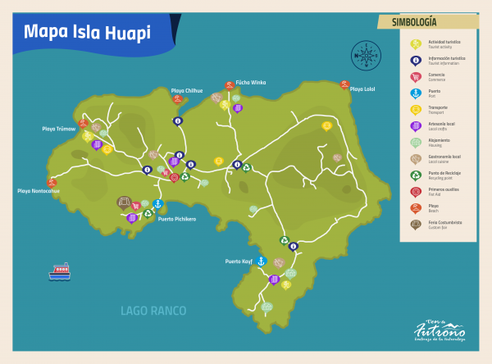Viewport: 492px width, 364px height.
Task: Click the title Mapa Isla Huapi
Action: tap(87, 33)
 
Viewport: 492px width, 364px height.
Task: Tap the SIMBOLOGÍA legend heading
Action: tap(414, 22)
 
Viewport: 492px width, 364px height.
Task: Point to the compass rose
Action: tap(366, 56)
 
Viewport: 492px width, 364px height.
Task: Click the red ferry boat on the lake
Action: tap(59, 272)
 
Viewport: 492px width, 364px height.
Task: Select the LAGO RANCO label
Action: tap(153, 311)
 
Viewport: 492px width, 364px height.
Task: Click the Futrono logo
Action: tap(440, 330)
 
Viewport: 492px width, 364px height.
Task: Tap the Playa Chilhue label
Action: tap(187, 90)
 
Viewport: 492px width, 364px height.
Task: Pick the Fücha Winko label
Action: tap(250, 82)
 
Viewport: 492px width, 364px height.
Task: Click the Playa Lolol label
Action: tap(362, 89)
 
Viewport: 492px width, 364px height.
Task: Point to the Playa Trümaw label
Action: tap(59, 129)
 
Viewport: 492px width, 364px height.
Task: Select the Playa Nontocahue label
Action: tap(39, 191)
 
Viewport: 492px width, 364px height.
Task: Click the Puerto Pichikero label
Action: tap(177, 219)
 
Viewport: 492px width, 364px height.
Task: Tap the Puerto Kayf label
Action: tap(239, 262)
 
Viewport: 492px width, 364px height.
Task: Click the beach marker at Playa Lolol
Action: tap(345, 84)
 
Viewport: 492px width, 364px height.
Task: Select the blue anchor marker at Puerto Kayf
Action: tap(262, 261)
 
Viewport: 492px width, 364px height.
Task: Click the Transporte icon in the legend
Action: tap(416, 109)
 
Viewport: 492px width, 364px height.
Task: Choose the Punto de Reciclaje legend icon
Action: tap(416, 175)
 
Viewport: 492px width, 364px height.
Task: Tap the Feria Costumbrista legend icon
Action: tap(416, 224)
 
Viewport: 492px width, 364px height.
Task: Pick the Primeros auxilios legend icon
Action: tap(416, 191)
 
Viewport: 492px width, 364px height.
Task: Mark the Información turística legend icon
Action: tap(416, 60)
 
